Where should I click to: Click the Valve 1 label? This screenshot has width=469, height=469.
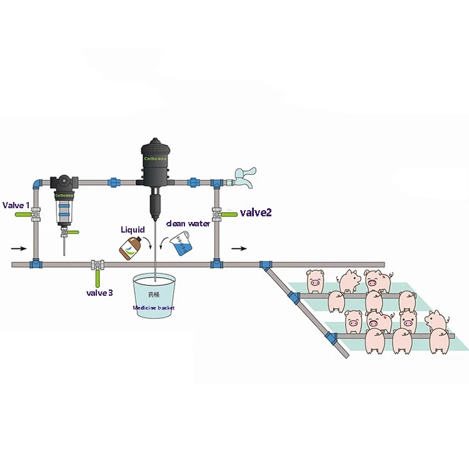16,205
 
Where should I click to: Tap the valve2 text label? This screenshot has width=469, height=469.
256,213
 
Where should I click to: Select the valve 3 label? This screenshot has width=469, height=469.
99,292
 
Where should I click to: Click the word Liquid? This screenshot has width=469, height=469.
133,230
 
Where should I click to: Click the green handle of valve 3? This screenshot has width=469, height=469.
97,276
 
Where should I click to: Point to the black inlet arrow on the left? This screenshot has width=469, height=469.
19,248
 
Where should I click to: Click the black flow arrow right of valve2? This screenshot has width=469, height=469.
239,248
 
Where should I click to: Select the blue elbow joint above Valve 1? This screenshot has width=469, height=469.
36,182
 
